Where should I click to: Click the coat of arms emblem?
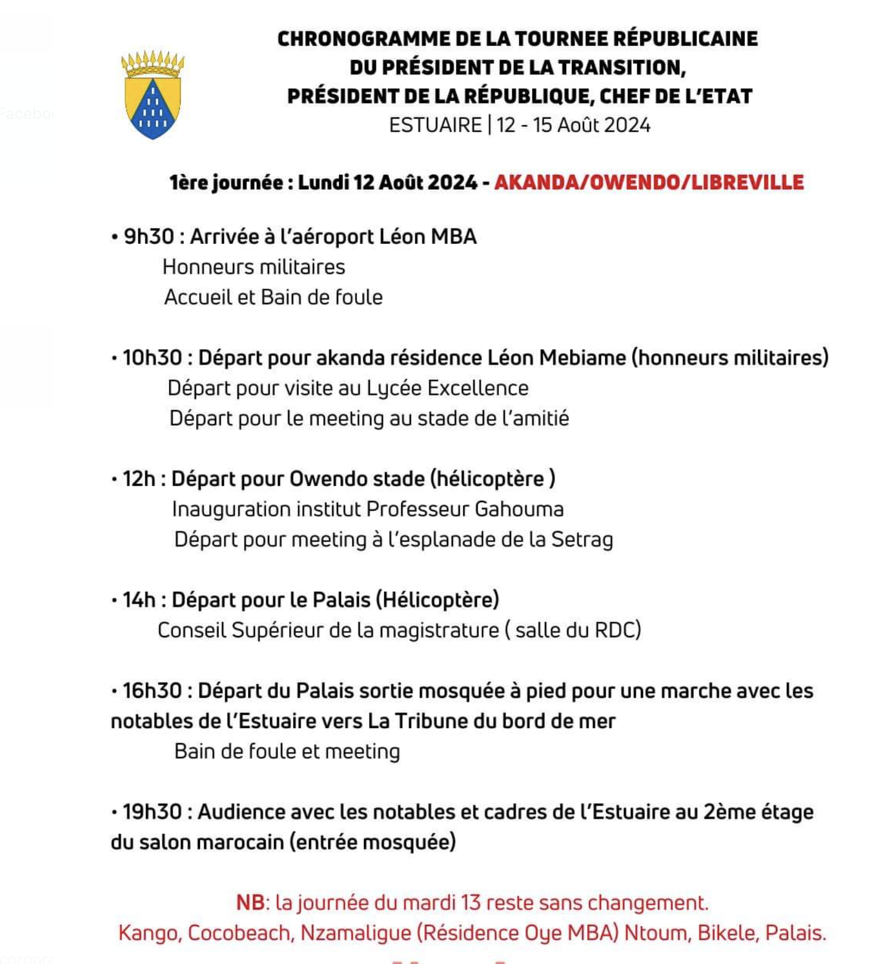tap(153, 95)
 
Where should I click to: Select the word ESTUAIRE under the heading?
tap(435, 125)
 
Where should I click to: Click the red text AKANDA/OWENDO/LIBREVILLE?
tap(649, 182)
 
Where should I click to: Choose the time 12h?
tap(139, 479)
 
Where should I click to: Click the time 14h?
tap(139, 600)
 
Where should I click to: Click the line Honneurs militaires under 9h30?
tap(253, 267)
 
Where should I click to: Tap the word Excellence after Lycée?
tap(478, 388)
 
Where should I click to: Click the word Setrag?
tap(582, 540)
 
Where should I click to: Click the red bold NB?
tap(251, 902)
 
